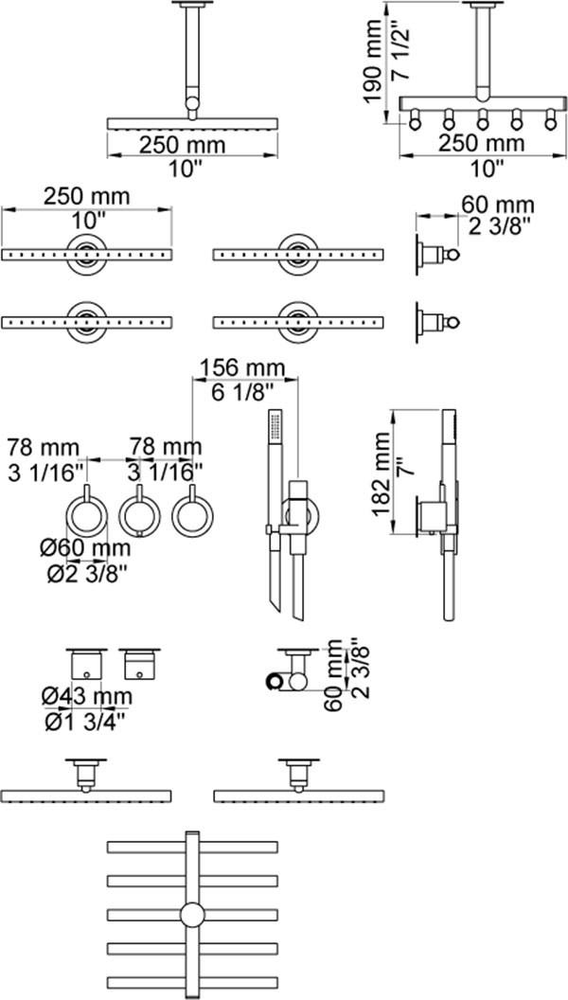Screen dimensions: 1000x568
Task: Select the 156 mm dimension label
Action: pos(236,367)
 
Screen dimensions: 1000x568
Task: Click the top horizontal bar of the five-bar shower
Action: pos(193,845)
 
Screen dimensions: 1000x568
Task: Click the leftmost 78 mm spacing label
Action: pos(47,445)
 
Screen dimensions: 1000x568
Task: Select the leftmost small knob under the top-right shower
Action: pos(415,119)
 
